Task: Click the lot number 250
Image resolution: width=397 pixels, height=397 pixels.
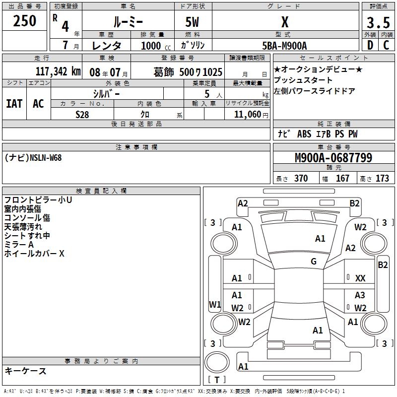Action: coord(24,21)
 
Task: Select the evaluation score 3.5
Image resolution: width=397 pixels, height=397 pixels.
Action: coord(378,23)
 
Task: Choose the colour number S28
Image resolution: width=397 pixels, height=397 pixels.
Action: coord(82,114)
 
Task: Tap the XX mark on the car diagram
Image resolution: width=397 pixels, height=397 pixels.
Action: coord(361,279)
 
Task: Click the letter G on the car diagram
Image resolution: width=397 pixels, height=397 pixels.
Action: coord(314,262)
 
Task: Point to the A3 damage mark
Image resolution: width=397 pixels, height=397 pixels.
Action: coord(360,295)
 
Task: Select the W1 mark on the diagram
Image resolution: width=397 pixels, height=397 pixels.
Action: coord(214,304)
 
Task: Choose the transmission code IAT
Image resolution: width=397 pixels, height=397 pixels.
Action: coord(14,104)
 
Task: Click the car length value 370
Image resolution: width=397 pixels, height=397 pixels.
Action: coord(301,179)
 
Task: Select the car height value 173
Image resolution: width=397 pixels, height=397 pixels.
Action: coord(382,179)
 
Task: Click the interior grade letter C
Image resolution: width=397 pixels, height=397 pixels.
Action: coord(386,46)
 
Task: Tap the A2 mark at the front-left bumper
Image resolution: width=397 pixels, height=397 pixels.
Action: coord(243,203)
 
